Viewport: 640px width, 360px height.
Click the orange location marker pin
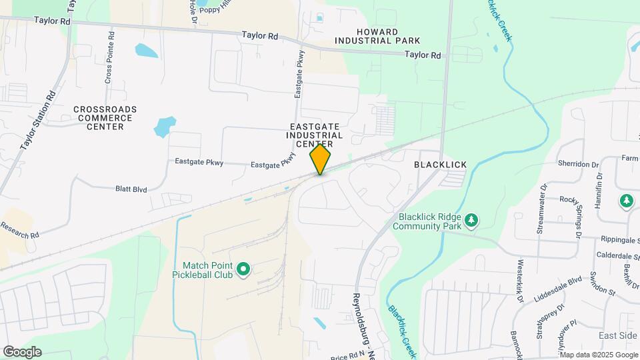pos(320,159)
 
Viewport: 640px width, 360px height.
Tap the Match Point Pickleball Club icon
pos(244,270)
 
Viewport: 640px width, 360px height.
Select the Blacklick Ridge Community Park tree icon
pos(471,219)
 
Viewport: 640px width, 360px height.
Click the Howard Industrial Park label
pos(377,36)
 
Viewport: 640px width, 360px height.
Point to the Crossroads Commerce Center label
pos(105,118)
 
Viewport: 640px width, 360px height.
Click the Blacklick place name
pos(440,165)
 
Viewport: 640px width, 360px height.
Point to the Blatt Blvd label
pos(130,189)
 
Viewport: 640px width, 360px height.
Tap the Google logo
pos(21,352)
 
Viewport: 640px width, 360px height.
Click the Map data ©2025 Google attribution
pos(599,355)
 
